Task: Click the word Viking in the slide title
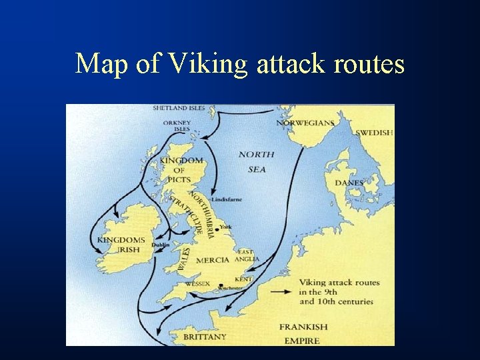tap(207, 65)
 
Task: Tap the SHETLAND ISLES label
tap(179, 108)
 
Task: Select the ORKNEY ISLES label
tap(177, 126)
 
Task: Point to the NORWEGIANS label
tap(305, 123)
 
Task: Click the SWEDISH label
tap(374, 133)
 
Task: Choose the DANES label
tap(349, 183)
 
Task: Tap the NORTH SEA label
tap(257, 162)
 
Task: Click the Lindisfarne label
tap(227, 199)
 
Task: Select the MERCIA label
tap(213, 260)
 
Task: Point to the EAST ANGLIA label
tap(247, 255)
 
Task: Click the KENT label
tap(243, 279)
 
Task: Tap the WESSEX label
tap(197, 283)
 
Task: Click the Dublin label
tap(161, 245)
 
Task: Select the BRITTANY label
tap(205, 337)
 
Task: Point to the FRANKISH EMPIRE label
tap(303, 333)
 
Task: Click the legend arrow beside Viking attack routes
tap(282, 291)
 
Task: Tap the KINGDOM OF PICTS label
tap(181, 170)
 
